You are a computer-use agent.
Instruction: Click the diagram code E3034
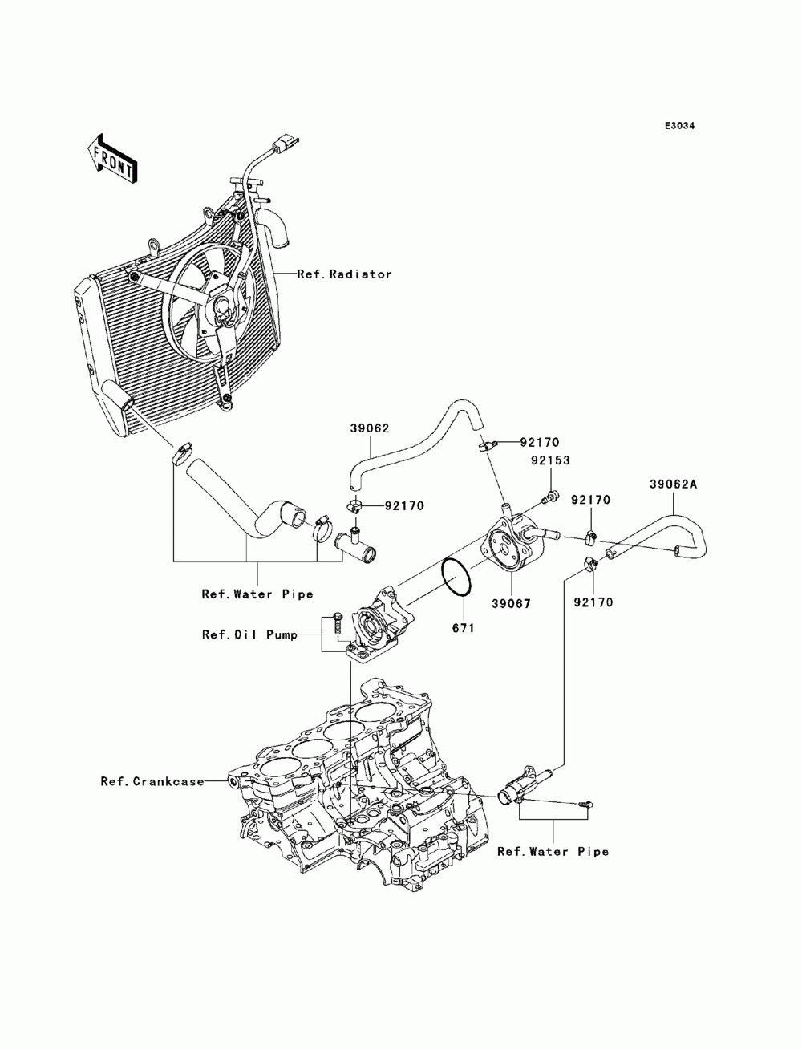[x=679, y=126]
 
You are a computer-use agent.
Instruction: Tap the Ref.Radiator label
[x=344, y=274]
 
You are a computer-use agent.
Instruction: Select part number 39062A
[x=673, y=484]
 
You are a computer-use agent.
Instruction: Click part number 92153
[x=550, y=460]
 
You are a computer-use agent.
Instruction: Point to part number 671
[x=463, y=627]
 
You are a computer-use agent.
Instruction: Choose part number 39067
[x=511, y=604]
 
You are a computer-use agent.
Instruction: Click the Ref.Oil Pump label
[x=249, y=634]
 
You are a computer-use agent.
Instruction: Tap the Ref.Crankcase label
[x=152, y=781]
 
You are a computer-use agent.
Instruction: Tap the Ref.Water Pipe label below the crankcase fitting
[x=553, y=852]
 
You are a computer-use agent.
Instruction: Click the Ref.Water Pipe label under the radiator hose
[x=257, y=594]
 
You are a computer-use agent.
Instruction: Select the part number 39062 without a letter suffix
[x=369, y=428]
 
